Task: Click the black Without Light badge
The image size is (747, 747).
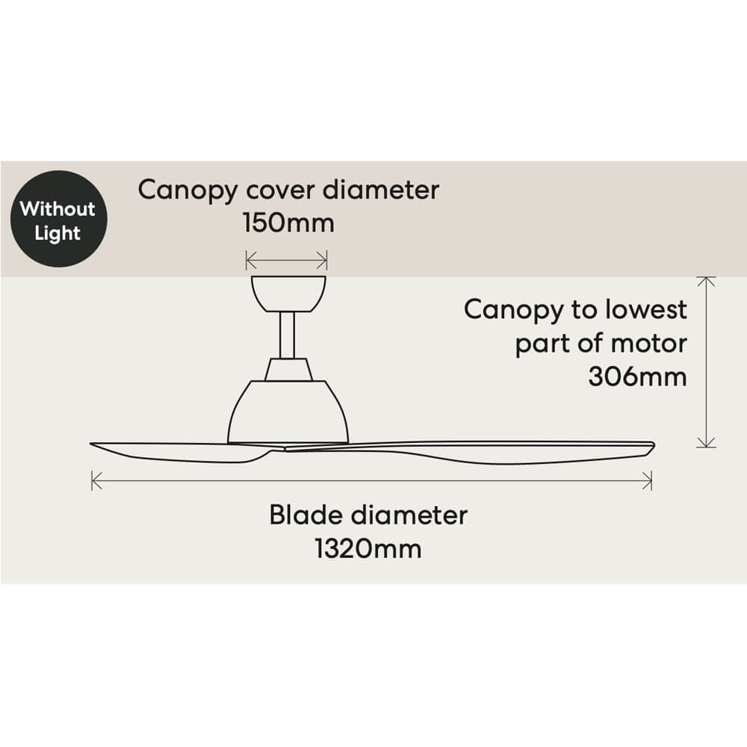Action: [x=58, y=219]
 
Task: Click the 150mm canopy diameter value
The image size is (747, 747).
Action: [x=288, y=223]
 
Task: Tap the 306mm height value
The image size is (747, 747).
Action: [x=637, y=376]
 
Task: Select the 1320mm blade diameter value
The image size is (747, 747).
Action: [x=368, y=549]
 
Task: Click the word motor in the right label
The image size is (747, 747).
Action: [x=649, y=344]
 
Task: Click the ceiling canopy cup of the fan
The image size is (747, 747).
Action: [x=288, y=293]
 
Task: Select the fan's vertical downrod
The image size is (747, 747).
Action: [x=288, y=335]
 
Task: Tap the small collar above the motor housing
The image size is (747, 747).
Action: [x=288, y=368]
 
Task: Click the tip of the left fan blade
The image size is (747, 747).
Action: [x=93, y=445]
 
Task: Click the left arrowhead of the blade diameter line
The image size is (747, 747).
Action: [x=93, y=480]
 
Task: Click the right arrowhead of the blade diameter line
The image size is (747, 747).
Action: [x=650, y=480]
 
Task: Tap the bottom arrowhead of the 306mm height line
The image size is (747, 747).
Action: [x=706, y=444]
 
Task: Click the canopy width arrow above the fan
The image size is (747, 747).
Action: [x=287, y=260]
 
